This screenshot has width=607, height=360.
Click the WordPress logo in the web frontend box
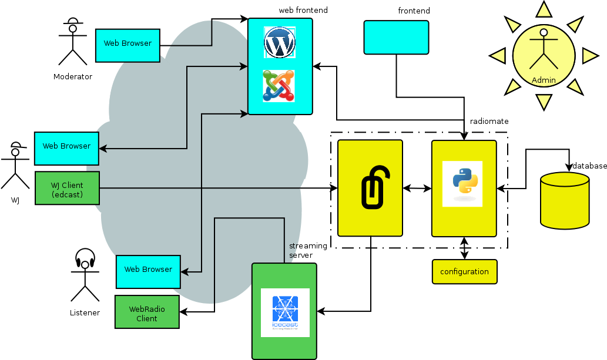click(280, 42)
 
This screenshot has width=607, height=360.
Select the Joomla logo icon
click(279, 86)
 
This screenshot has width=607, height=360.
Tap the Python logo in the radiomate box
click(462, 184)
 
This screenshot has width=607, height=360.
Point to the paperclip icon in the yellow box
click(370, 187)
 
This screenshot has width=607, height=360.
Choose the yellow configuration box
click(464, 272)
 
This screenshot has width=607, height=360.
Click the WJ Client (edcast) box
click(67, 189)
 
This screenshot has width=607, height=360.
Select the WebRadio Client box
click(147, 314)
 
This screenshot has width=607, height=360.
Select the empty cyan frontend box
click(396, 38)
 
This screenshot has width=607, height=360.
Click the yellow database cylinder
click(564, 200)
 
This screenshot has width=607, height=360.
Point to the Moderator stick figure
click(72, 43)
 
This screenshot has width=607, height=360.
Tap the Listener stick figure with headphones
click(85, 275)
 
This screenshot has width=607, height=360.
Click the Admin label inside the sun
click(543, 80)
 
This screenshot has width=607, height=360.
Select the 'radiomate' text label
click(489, 121)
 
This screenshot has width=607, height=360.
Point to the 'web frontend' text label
click(303, 11)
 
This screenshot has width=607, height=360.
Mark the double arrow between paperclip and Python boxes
click(417, 189)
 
